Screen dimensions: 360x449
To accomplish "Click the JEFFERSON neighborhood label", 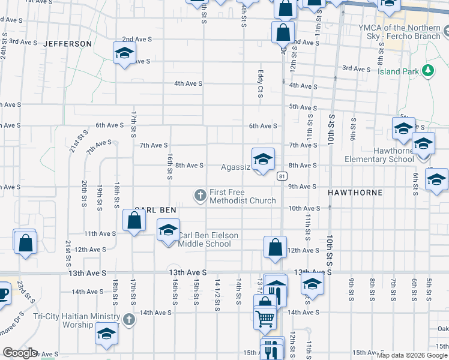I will (68, 44).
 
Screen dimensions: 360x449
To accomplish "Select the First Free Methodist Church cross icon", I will (200, 194).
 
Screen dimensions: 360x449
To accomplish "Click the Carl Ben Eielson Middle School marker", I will (168, 230).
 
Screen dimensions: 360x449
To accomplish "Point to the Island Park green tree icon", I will (428, 71).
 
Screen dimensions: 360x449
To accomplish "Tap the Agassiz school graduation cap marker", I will (262, 160).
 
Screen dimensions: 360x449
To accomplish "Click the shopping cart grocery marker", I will (265, 319).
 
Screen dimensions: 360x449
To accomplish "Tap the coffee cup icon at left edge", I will (3, 293).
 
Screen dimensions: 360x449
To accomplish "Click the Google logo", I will (20, 353).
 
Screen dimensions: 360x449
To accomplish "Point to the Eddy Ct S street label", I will (261, 85).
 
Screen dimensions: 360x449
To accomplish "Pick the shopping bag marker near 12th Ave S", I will (274, 247).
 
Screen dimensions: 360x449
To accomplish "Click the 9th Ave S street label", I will (302, 187).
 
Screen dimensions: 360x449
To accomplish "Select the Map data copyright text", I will (412, 355).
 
